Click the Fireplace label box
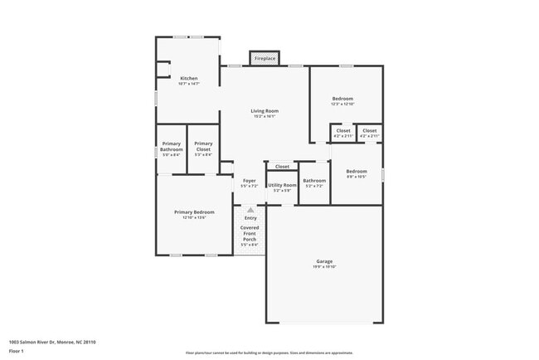pyautogui.click(x=265, y=59)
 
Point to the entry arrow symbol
pyautogui.click(x=250, y=211)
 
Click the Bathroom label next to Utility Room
pyautogui.click(x=314, y=182)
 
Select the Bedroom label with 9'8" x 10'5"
pyautogui.click(x=357, y=173)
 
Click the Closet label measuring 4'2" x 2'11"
pyautogui.click(x=342, y=133)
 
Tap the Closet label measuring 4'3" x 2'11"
pyautogui.click(x=369, y=133)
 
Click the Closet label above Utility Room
pyautogui.click(x=282, y=167)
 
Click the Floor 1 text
pyautogui.click(x=17, y=352)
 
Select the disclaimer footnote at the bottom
pyautogui.click(x=269, y=353)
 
